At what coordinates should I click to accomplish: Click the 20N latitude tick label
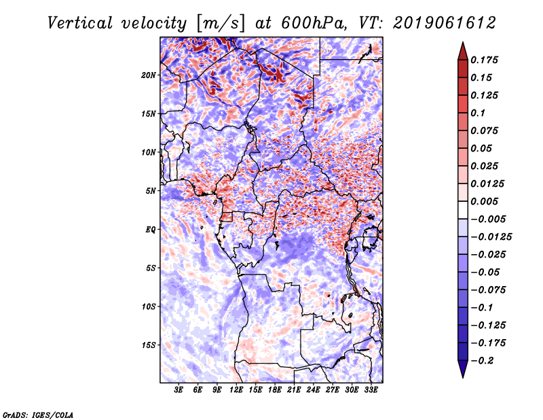(149, 75)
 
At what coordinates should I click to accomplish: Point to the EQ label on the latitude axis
(151, 229)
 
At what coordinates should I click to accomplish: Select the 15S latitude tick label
(149, 345)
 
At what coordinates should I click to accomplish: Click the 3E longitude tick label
(179, 390)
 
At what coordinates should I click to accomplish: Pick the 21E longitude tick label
(295, 390)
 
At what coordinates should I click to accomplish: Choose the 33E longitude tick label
(371, 390)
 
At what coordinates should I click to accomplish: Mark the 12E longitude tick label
(237, 390)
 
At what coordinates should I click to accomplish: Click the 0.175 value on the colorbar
(487, 60)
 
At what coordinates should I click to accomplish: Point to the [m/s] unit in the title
(219, 23)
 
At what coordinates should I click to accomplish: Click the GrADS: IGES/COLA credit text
(38, 414)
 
